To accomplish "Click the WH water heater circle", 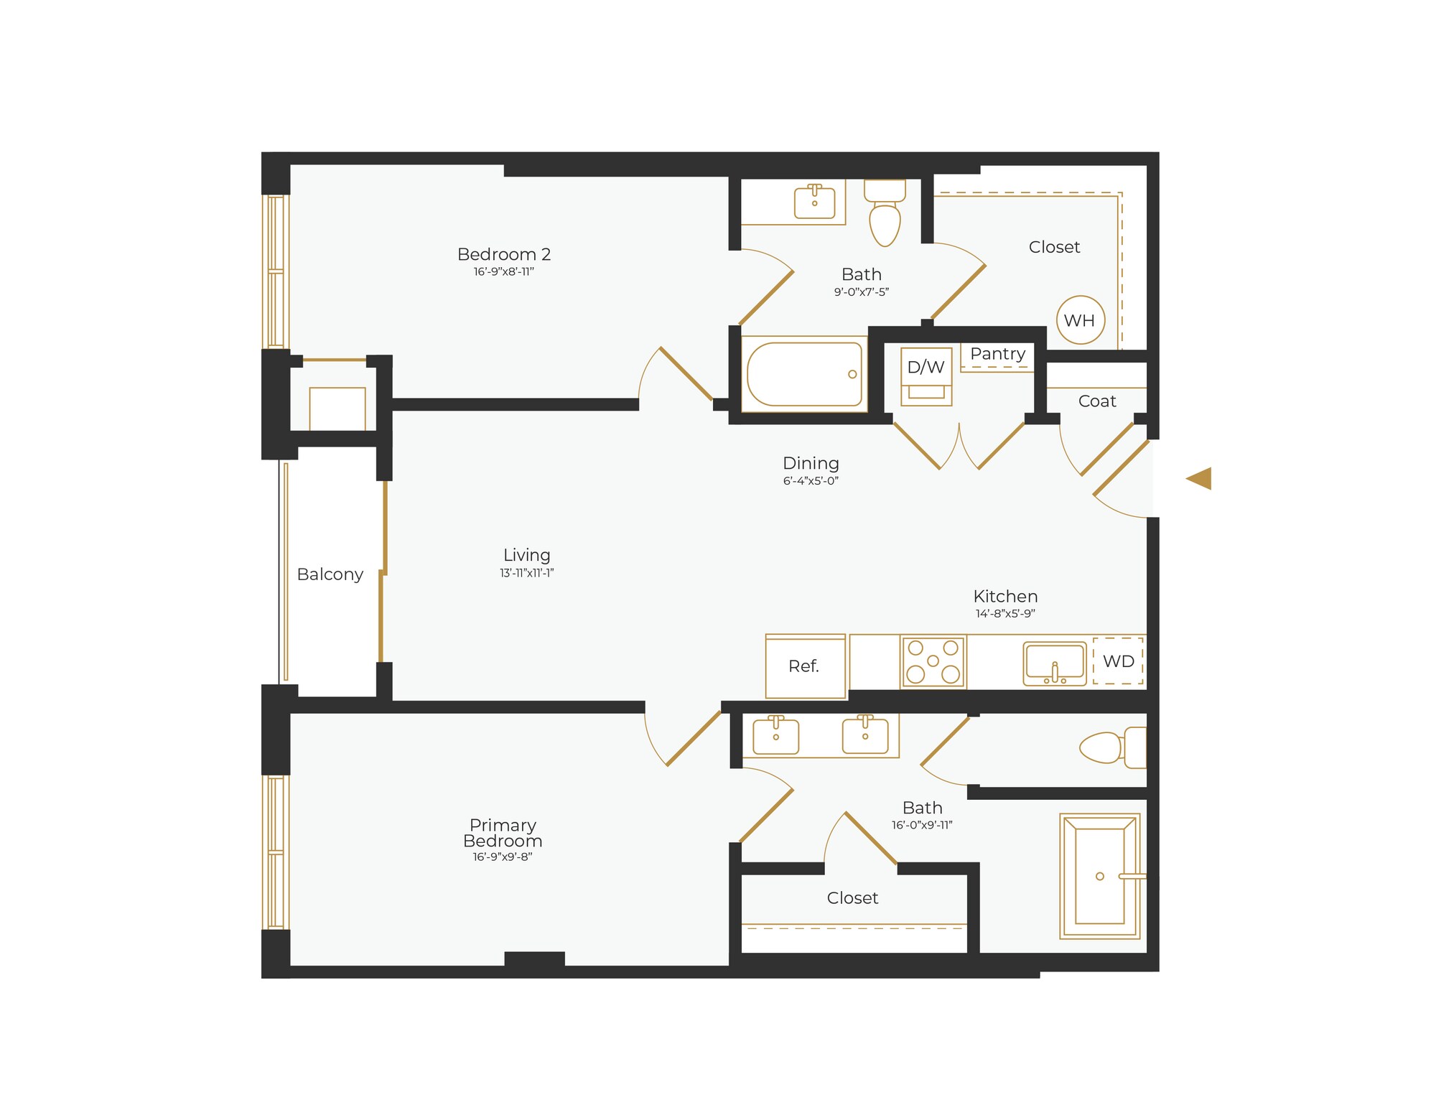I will pos(1080,320).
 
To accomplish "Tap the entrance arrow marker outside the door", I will pos(1200,478).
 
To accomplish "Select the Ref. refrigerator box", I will pos(805,666).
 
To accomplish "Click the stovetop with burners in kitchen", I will pos(933,661).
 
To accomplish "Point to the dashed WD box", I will pos(1118,661).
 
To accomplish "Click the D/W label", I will pos(926,368).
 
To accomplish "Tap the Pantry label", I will pos(997,354).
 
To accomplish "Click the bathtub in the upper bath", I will pos(804,374).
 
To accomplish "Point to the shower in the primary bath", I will pos(1099,876).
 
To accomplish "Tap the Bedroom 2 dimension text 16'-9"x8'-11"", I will pos(503,272).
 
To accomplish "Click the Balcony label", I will pos(330,574).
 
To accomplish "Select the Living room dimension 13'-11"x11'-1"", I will pos(526,573).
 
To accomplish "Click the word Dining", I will pos(811,463).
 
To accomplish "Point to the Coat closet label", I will pos(1097,401).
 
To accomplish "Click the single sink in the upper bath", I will pos(814,202).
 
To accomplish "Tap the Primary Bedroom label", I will pos(503,833).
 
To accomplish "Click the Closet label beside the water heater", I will pos(1054,247).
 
